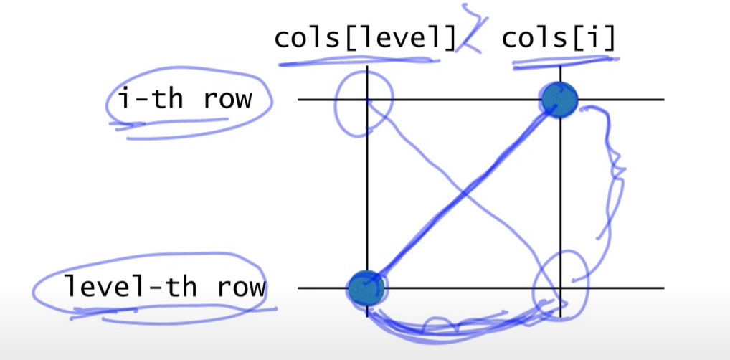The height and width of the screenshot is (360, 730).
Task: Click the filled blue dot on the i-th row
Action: pyautogui.click(x=559, y=99)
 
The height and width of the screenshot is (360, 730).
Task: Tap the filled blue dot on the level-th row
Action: pyautogui.click(x=366, y=287)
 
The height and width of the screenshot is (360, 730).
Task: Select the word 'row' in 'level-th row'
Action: pyautogui.click(x=240, y=288)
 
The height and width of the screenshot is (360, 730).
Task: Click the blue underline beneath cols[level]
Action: pyautogui.click(x=359, y=62)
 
